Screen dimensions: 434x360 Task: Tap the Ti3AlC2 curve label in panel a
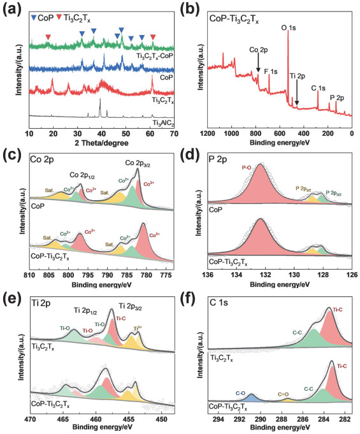pyautogui.click(x=162, y=122)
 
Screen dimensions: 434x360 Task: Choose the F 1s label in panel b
pyautogui.click(x=271, y=71)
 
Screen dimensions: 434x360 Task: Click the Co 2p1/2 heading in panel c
pyautogui.click(x=82, y=173)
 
